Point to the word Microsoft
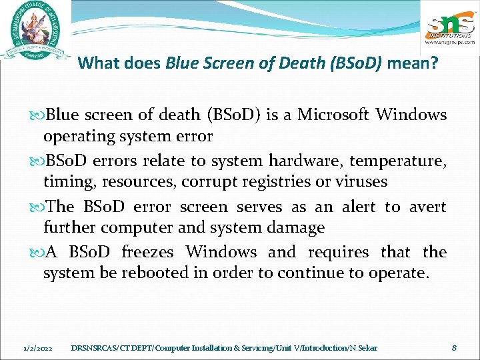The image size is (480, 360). (333, 115)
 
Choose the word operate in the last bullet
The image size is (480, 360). (396, 273)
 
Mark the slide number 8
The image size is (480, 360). (453, 347)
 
